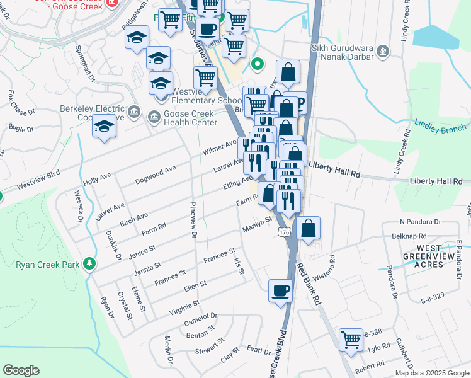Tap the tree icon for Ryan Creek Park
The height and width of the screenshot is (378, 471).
89,263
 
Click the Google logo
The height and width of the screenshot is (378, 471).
21,370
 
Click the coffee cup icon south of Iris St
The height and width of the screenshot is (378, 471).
280,290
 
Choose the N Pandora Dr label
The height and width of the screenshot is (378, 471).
421,222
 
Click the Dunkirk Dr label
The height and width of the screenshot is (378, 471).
113,243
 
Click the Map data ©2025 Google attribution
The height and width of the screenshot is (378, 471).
431,373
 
